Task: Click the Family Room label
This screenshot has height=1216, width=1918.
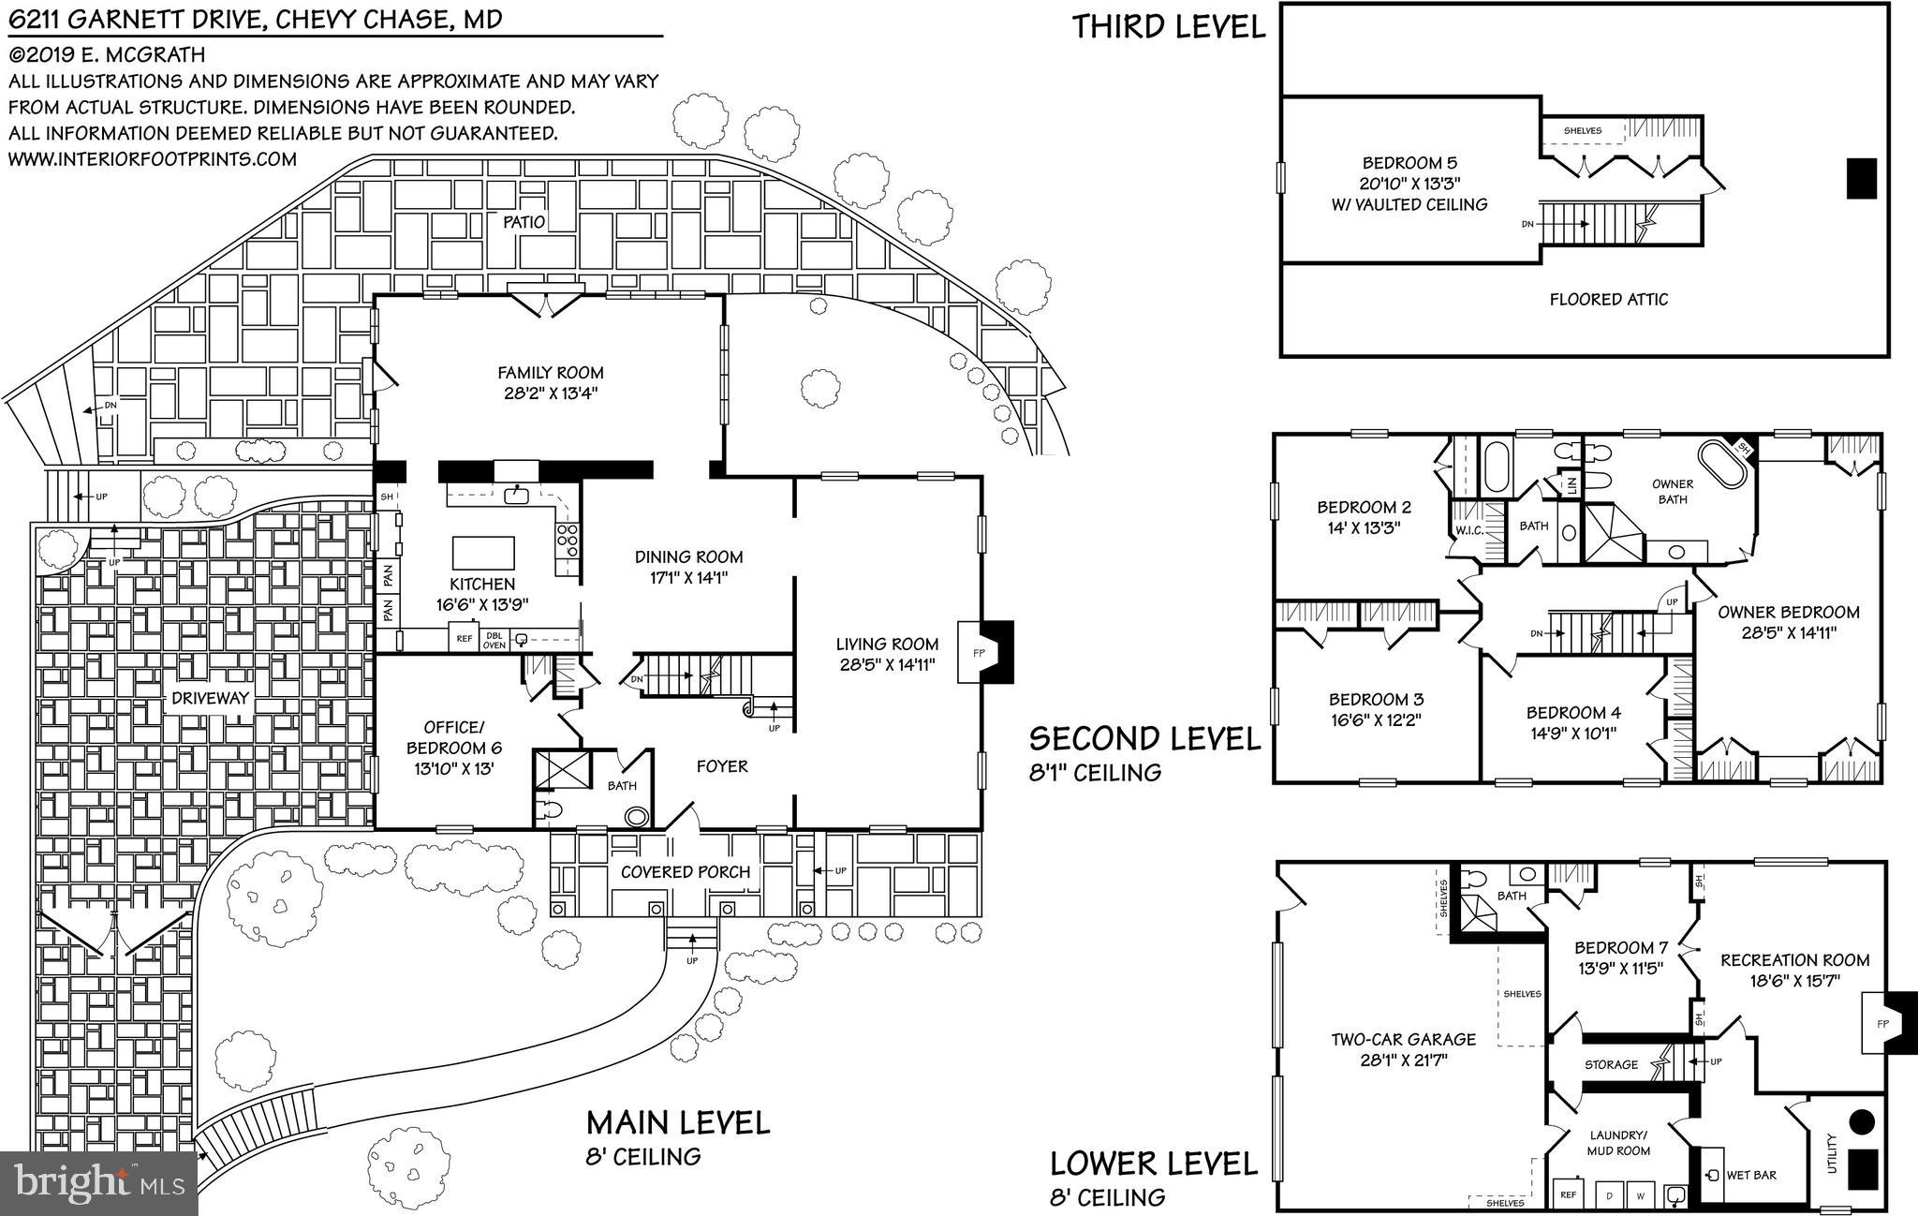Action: coord(550,372)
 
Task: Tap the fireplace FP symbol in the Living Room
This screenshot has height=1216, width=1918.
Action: coord(980,653)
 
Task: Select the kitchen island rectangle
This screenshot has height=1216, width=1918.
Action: coord(483,553)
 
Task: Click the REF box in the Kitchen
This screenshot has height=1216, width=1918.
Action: coord(464,639)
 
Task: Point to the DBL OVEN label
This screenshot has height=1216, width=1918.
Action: coord(494,639)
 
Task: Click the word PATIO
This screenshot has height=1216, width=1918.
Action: coord(524,222)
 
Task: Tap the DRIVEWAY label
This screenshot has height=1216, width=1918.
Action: coord(210,698)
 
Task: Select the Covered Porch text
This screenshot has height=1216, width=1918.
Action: coord(686,871)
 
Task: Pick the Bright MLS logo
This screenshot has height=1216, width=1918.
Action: coord(98,1182)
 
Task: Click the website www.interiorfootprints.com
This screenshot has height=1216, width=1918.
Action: coord(153,159)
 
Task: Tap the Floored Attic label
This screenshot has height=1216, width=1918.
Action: coord(1608,300)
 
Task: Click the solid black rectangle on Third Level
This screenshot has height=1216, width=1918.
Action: coord(1861,178)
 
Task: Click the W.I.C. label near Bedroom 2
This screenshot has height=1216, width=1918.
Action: coord(1466,531)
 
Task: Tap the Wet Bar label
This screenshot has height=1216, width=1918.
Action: coord(1750,1175)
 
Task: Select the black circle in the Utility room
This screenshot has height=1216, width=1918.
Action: coord(1862,1120)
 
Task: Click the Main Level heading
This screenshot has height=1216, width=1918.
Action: coord(678,1121)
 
